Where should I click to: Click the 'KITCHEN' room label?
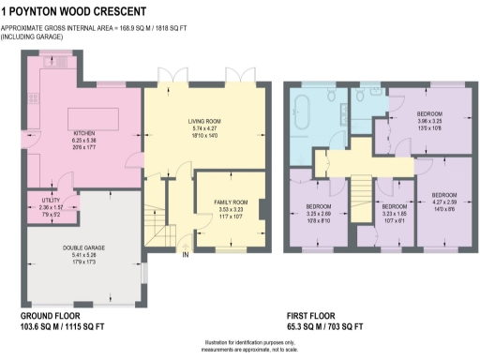pos(86,133)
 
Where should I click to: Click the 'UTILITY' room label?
pos(52,200)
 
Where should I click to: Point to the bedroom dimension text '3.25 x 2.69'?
pos(318,212)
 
